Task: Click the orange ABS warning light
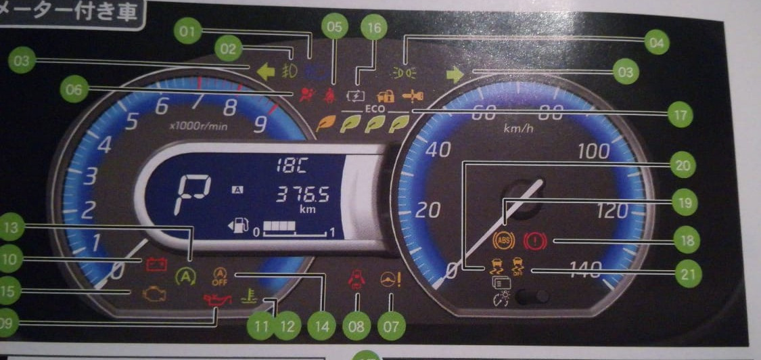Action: coord(504,239)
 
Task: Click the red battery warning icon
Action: coord(156,263)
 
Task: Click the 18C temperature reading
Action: coord(292,165)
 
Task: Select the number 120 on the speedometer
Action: coord(611,212)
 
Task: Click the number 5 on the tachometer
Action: coord(131,120)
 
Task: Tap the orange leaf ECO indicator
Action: coord(329,123)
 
